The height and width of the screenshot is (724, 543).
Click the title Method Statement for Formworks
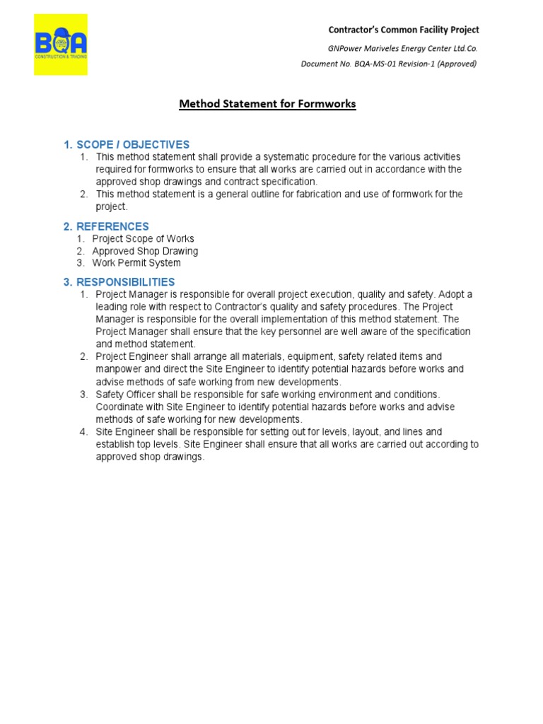point(267,104)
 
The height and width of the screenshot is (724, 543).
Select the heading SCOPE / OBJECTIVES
point(127,145)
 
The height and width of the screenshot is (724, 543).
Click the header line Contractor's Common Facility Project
point(403,30)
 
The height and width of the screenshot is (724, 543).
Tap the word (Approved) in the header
point(455,64)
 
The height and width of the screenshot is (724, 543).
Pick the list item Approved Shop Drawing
point(145,251)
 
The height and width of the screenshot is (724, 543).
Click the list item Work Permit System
point(136,263)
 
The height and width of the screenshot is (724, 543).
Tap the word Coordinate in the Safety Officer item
point(120,407)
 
